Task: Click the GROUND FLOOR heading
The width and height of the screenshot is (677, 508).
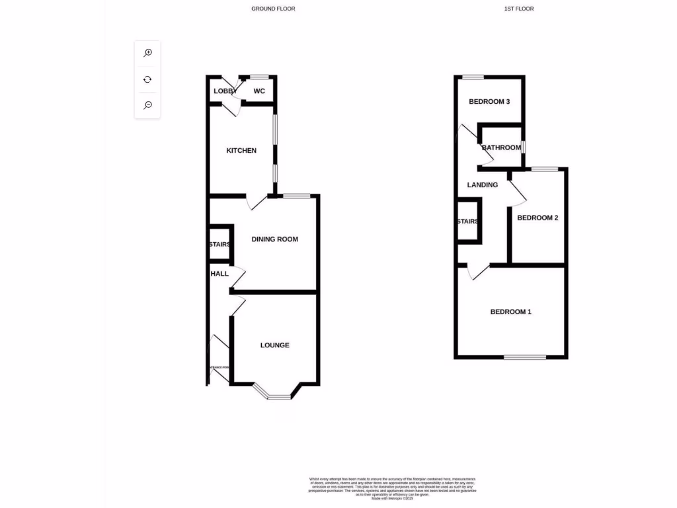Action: (273, 9)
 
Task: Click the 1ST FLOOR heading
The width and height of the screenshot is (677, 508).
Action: (519, 9)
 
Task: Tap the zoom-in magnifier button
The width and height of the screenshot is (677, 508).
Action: (147, 53)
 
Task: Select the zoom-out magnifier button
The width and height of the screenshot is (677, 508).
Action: (147, 105)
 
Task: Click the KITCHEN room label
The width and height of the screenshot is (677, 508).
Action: (241, 151)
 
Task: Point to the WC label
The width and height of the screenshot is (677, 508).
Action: (259, 91)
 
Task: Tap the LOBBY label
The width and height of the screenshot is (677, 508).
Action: (225, 91)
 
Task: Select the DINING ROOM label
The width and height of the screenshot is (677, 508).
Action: (274, 239)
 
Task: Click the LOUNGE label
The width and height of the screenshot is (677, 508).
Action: (274, 345)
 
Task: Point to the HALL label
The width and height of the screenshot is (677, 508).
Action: (219, 274)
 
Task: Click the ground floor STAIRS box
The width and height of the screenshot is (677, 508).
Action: (219, 244)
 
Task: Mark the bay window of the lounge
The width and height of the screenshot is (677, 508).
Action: (278, 396)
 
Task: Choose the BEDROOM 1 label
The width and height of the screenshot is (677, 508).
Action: (510, 312)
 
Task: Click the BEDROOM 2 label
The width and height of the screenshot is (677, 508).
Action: (538, 218)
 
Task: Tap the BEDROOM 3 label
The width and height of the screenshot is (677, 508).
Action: (489, 102)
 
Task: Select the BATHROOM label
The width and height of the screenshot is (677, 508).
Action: (501, 148)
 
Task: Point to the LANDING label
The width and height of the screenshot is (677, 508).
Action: (482, 185)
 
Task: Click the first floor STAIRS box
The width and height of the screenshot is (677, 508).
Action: (467, 222)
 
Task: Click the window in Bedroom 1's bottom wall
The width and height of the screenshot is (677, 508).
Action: (525, 357)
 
